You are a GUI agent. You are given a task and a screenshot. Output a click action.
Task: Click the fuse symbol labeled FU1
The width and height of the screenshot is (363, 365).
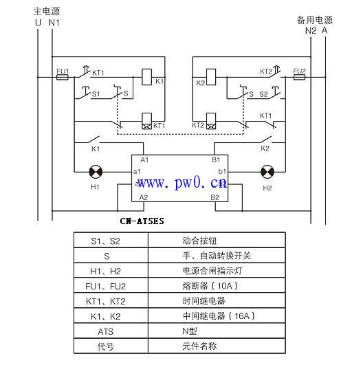(61, 78)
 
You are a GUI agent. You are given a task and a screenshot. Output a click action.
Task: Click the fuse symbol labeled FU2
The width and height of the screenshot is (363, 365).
(299, 78)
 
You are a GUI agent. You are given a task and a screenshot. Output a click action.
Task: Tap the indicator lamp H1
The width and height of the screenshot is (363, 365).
(95, 170)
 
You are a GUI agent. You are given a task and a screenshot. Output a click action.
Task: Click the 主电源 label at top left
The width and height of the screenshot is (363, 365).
(47, 12)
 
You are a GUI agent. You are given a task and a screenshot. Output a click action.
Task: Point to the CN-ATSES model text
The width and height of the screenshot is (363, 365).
(142, 221)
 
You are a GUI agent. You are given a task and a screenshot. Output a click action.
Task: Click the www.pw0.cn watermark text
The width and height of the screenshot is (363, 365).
(181, 183)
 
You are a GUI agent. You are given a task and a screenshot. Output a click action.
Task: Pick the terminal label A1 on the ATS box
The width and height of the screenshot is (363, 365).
(144, 159)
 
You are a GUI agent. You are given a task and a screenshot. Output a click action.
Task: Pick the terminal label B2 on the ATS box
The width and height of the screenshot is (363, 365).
(214, 197)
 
